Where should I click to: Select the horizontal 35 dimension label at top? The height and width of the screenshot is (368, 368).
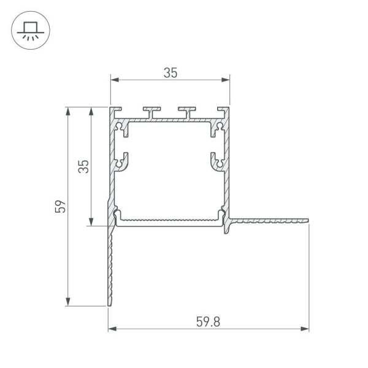pos(170,72)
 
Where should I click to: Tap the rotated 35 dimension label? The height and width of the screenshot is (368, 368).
pos(85,166)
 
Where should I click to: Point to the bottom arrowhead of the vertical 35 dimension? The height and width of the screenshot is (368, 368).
pos(91,222)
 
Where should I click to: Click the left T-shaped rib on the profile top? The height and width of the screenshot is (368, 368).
pos(151,111)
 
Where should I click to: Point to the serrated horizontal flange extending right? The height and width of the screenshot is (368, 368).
pos(270,219)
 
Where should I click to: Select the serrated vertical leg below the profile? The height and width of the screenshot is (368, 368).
pos(111,264)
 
